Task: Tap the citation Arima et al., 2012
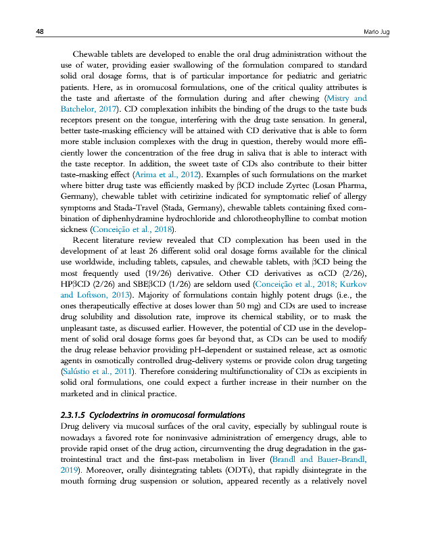point(159,191)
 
